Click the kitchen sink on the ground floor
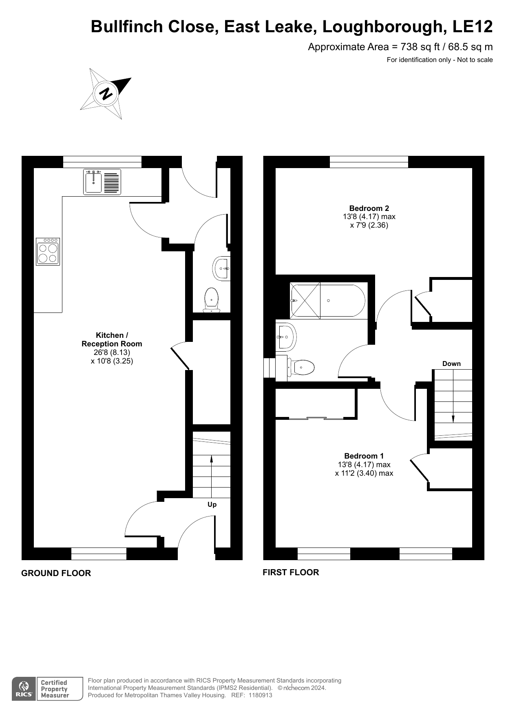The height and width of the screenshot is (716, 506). point(102,182)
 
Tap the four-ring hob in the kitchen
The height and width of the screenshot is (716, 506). point(48,252)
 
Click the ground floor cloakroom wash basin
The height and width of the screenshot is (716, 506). point(221,268)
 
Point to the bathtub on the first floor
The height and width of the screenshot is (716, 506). point(328,300)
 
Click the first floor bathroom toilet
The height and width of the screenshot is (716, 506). point(301,368)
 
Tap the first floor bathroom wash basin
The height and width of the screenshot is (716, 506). point(286,337)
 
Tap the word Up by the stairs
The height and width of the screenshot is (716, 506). point(212,505)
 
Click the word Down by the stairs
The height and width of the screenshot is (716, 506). point(451,364)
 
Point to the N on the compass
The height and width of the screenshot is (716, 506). point(106,94)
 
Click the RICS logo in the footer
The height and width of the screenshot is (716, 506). point(24,689)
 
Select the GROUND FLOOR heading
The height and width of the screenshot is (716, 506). point(56,573)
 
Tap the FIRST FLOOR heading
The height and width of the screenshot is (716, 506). point(291,572)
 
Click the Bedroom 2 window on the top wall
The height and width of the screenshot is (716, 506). point(369,162)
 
